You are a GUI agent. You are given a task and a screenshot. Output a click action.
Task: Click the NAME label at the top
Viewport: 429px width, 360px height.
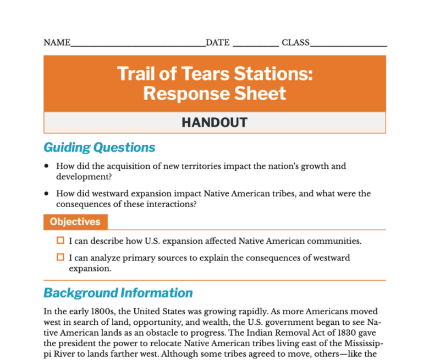click(x=57, y=43)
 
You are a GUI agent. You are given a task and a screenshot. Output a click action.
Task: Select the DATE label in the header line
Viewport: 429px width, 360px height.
click(x=218, y=43)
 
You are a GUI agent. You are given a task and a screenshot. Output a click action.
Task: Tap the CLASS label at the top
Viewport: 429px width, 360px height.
click(x=295, y=43)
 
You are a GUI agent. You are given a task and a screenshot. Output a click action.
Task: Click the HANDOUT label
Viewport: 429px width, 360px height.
click(x=215, y=122)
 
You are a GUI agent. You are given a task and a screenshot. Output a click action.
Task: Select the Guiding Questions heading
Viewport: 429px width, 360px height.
click(x=100, y=148)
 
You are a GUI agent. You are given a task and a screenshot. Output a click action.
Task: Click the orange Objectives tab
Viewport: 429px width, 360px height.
click(x=75, y=222)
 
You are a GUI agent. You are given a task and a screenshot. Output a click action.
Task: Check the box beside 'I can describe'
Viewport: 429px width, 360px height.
click(x=61, y=241)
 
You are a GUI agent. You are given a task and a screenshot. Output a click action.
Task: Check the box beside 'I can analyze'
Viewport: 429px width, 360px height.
click(x=61, y=257)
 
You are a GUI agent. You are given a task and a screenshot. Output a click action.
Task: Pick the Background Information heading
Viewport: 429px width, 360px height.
click(x=118, y=292)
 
